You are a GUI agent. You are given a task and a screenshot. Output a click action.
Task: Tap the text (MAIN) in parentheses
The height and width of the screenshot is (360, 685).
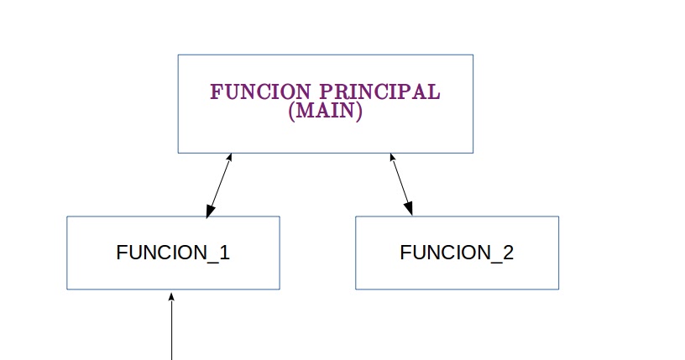coord(325,112)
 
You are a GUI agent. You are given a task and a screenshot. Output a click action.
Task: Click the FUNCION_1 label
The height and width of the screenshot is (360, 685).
coord(173,253)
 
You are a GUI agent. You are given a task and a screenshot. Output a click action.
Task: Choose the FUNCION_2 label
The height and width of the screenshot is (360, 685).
coord(457,253)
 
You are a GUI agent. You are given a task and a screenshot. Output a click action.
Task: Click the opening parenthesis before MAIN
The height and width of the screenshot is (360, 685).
coord(291,112)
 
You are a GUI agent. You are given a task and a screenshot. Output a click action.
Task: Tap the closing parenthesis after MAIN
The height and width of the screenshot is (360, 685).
coord(359,112)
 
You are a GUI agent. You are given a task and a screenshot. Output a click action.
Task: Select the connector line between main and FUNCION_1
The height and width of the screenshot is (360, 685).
coord(218,185)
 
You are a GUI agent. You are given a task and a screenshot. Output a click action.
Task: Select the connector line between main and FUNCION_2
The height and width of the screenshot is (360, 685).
coord(401,185)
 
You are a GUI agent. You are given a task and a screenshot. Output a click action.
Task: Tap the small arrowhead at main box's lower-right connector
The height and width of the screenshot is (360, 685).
coord(392,157)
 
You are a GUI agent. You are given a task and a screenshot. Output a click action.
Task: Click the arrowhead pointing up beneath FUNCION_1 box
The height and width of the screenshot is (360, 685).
coord(171,296)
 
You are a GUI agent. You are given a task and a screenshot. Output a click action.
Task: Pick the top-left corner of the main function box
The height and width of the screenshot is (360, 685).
coord(178,55)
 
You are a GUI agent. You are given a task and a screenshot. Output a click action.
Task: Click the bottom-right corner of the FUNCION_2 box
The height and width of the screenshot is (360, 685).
coord(558,290)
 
